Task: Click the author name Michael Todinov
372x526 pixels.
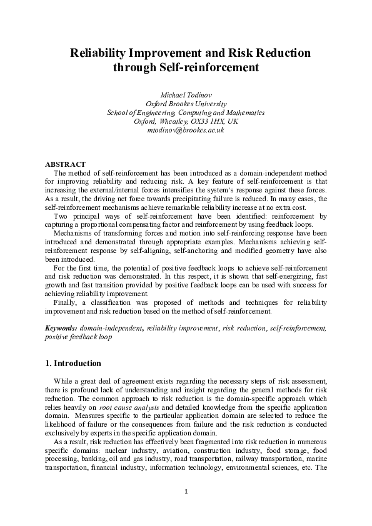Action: tap(186, 94)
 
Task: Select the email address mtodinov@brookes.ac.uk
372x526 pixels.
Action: tap(186, 131)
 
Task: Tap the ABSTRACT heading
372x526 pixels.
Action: tap(66, 164)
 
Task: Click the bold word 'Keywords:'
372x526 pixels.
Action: tap(62, 327)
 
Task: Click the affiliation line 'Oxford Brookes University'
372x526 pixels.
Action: tap(186, 103)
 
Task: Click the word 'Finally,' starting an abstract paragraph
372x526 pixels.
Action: tap(66, 302)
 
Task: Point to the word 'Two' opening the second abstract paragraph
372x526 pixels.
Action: tap(62, 216)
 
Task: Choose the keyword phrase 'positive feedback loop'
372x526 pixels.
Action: tap(78, 336)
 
